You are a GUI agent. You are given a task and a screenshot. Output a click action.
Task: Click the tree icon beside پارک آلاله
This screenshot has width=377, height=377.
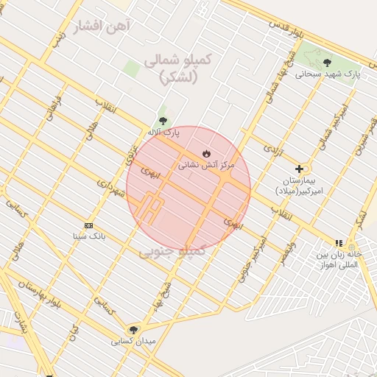(x=163, y=121)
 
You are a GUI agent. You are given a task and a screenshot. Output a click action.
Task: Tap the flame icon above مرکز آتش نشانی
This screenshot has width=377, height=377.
(x=205, y=153)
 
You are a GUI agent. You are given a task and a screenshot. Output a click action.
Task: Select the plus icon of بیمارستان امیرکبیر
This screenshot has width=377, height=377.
(x=299, y=169)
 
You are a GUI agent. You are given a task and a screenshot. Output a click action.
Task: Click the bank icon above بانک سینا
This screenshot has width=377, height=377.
(x=89, y=225)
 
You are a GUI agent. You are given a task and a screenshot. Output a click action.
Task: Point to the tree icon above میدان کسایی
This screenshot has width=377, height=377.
(x=133, y=330)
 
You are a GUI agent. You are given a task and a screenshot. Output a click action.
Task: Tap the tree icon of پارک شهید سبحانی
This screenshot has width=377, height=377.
(x=327, y=62)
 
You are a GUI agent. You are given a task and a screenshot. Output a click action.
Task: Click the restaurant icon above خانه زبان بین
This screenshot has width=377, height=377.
(x=339, y=242)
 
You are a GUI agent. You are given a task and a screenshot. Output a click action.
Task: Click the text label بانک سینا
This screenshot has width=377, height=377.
(x=89, y=237)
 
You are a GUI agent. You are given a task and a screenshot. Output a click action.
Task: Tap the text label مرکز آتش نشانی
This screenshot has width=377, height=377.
(x=206, y=166)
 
